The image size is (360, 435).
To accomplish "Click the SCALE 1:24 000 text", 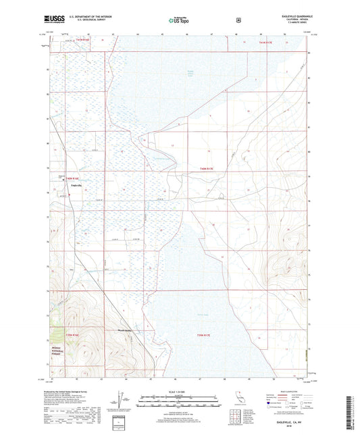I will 180,391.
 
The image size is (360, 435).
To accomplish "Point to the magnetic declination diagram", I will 120,401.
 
